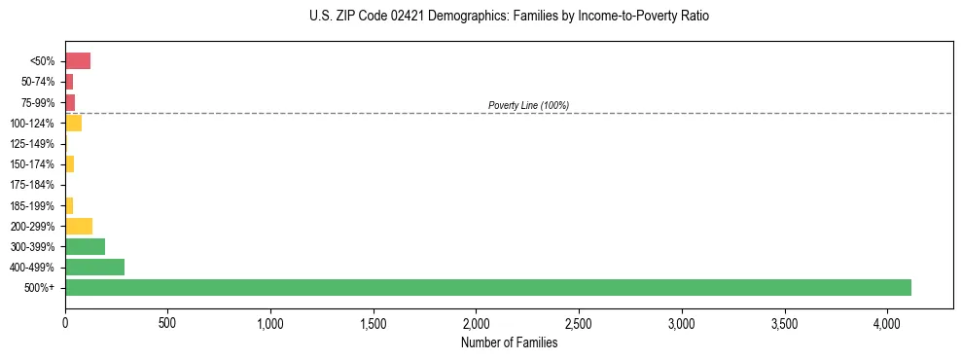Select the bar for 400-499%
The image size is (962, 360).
94,267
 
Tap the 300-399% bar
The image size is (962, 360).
85,246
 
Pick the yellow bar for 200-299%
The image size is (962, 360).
79,226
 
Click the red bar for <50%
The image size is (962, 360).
78,61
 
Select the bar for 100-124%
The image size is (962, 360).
73,123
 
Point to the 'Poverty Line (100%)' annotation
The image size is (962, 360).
528,105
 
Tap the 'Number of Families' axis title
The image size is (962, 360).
509,342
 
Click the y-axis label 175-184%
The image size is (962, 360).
33,185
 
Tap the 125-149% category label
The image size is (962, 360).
33,144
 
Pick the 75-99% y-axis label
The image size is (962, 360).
38,103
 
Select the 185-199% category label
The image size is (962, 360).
33,205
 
